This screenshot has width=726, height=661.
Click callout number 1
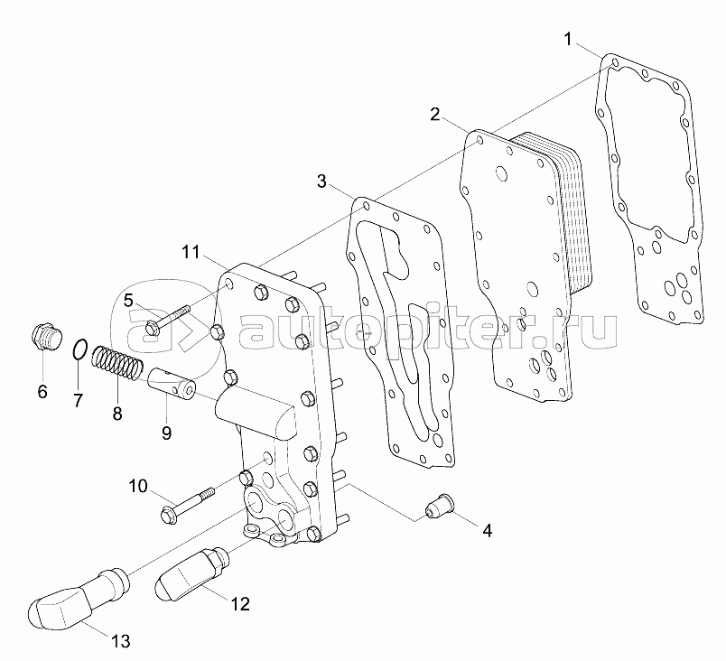569,40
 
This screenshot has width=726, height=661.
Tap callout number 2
434,114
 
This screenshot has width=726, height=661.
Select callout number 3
321,181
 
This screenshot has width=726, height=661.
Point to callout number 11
191,252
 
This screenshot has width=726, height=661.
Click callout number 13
120,641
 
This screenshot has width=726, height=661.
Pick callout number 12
240,603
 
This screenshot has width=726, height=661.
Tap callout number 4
487,530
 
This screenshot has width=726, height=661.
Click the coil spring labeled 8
116,363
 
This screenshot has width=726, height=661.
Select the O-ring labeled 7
79,349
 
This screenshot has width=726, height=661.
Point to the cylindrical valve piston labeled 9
172,384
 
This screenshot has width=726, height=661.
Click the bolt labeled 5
167,320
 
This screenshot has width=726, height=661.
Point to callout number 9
166,433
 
